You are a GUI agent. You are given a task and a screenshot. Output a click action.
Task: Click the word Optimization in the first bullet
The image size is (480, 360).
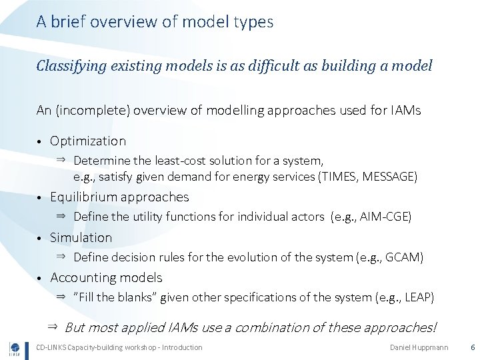pos(87,141)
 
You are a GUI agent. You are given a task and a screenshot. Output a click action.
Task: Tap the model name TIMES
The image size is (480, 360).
pos(340,177)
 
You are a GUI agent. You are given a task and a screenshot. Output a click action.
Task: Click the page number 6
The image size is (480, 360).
pos(472,347)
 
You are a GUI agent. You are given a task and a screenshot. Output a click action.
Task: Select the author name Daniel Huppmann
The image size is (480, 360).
pos(419,347)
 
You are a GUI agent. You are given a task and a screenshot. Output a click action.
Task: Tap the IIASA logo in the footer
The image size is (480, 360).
pos(15,348)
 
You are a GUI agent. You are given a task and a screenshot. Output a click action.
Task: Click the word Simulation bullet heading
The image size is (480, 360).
pos(81,237)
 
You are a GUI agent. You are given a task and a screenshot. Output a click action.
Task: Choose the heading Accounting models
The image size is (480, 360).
pos(106,277)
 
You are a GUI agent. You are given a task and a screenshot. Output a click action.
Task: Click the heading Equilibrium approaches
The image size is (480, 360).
pos(119,197)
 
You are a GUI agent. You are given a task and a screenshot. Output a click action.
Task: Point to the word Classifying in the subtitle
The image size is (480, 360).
pos(69,66)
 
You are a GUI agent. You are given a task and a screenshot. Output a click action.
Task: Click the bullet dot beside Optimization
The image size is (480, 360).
pos(40,142)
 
